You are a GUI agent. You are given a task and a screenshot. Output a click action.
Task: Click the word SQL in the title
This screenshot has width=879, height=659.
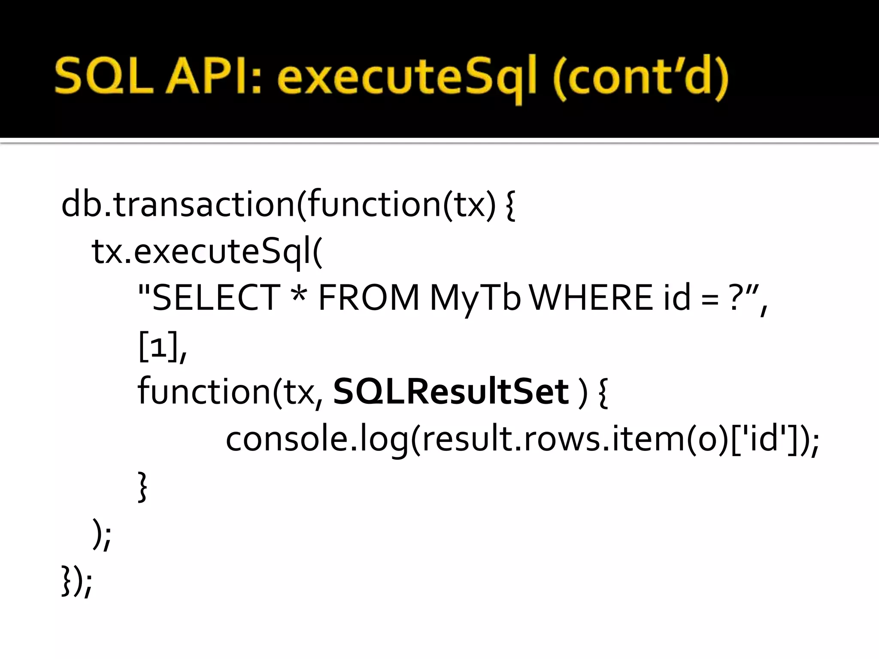pyautogui.click(x=104, y=77)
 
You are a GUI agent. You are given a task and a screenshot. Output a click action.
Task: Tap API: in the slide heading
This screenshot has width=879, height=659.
pyautogui.click(x=213, y=77)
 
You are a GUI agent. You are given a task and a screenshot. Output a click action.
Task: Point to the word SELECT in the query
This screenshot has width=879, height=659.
pyautogui.click(x=216, y=298)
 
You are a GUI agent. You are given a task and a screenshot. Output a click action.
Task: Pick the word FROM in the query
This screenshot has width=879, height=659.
pyautogui.click(x=368, y=298)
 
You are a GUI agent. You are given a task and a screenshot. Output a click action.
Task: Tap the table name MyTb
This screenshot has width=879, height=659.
pyautogui.click(x=475, y=299)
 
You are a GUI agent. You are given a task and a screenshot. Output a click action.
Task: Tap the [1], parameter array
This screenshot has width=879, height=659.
pyautogui.click(x=162, y=347)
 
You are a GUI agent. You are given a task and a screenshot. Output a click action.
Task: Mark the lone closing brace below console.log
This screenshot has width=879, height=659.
pyautogui.click(x=142, y=487)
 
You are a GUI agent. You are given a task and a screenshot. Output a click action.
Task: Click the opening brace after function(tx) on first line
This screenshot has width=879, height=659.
pyautogui.click(x=510, y=206)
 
